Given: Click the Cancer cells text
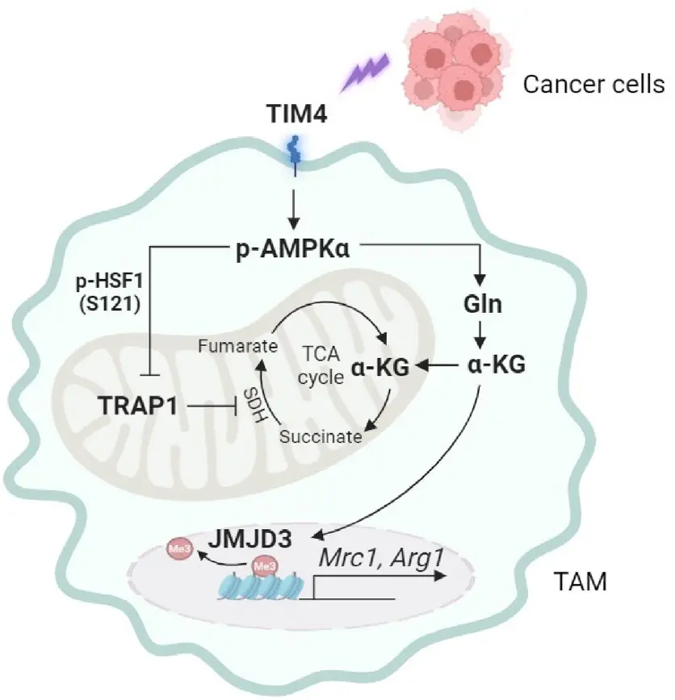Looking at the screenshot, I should (x=593, y=84).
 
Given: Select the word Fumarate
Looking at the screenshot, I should (x=238, y=346).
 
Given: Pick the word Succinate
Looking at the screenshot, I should (x=321, y=436).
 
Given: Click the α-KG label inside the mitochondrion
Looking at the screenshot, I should (x=380, y=368).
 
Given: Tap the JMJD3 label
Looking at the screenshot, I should (x=254, y=535).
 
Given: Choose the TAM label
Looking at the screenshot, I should (x=580, y=580).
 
